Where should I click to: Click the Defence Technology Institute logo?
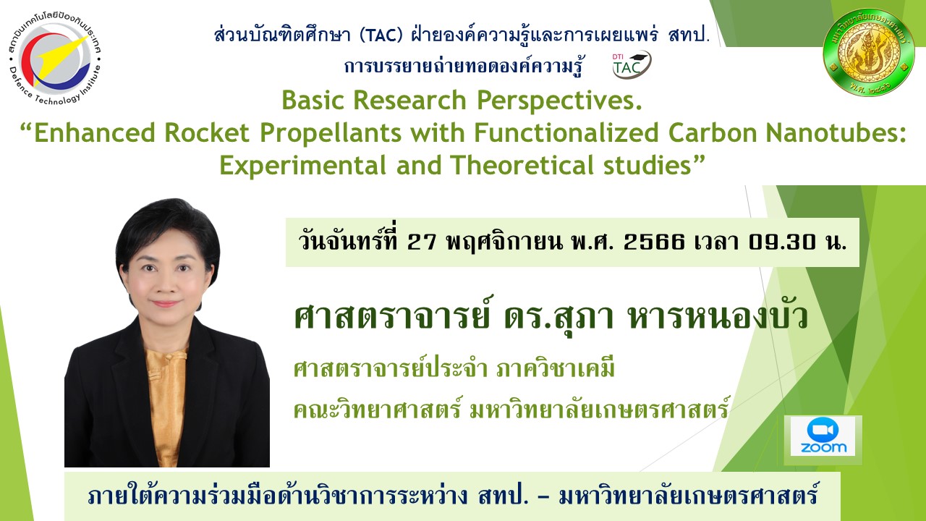click(x=55, y=58)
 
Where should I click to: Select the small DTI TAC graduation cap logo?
click(x=632, y=64)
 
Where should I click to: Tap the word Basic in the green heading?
click(x=313, y=100)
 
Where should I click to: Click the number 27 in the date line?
click(x=422, y=242)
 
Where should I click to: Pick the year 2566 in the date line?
click(x=654, y=242)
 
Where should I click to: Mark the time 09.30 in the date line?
click(x=782, y=242)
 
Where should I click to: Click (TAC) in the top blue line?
click(x=381, y=35)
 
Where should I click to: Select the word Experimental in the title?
click(x=302, y=166)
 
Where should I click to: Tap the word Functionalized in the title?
click(x=566, y=132)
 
